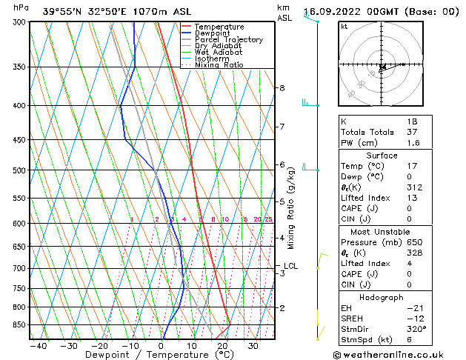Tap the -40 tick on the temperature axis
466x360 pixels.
[39, 346]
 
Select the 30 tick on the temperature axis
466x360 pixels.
[253, 346]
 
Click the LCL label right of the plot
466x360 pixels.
[290, 266]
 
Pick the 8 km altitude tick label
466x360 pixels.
[282, 88]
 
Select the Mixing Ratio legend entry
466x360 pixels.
[219, 65]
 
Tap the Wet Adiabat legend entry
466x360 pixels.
[217, 53]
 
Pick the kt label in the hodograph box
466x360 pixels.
[344, 26]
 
